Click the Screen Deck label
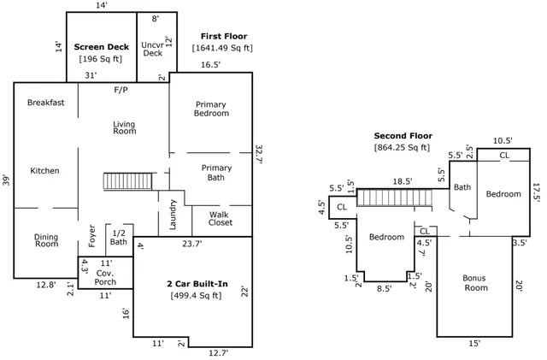100,46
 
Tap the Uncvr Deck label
152,48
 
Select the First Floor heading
224,36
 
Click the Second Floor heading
403,135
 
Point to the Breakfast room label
45,103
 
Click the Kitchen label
44,171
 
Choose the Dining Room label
46,241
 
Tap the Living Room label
125,127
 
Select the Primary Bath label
216,173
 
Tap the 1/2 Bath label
119,238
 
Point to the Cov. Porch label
105,277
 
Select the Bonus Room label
474,283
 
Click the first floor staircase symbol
122,181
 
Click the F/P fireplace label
121,89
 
